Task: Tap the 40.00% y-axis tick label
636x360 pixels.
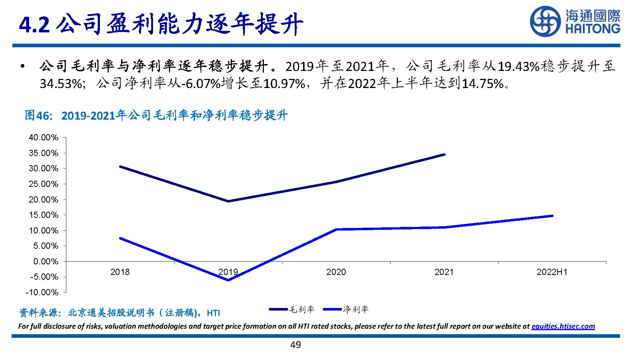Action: (44, 137)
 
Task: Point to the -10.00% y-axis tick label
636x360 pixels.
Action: (42, 292)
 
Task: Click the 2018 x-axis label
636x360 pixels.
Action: (120, 272)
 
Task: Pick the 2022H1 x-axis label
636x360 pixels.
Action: (552, 272)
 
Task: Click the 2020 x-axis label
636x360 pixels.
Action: (336, 272)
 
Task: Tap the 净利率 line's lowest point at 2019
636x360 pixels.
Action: (228, 280)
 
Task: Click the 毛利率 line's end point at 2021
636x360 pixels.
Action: (444, 155)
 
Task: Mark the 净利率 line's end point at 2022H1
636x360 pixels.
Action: (552, 216)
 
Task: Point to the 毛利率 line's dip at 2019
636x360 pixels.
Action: (228, 201)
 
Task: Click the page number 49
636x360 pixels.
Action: (295, 345)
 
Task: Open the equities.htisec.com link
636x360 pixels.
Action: (563, 326)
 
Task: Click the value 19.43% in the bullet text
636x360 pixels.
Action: (518, 67)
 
